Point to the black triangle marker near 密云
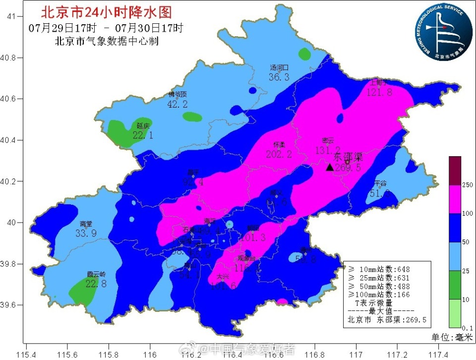[x=329, y=167]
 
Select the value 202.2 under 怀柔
[x=279, y=154]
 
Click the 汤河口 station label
[x=279, y=68]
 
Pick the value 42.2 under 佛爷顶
[x=178, y=104]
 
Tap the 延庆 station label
[x=143, y=126]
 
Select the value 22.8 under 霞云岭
[x=96, y=284]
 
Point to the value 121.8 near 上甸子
[x=379, y=92]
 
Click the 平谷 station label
[x=380, y=183]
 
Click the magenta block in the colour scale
[x=455, y=199]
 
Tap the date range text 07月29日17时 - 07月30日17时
[x=106, y=27]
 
